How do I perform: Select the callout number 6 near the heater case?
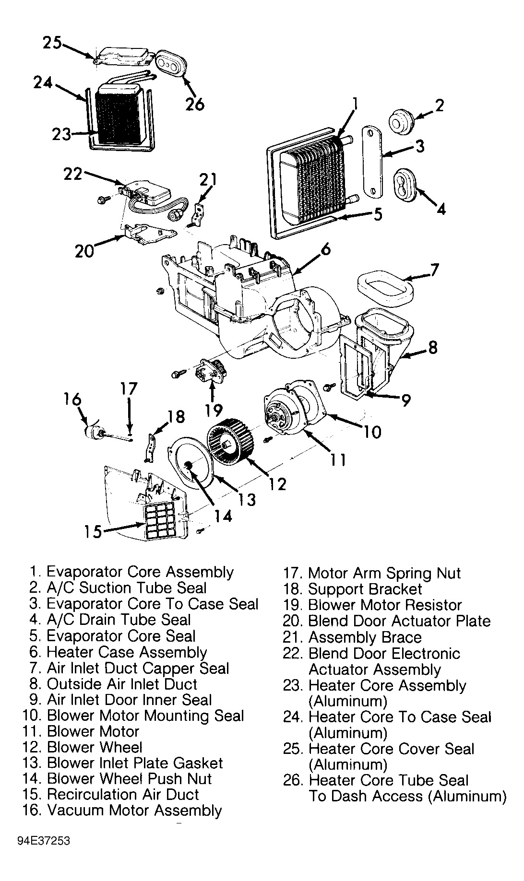(x=325, y=250)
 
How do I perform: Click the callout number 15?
(x=93, y=531)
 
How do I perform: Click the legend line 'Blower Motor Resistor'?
(x=372, y=605)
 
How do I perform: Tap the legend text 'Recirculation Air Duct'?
(x=111, y=795)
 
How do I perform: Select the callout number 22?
(x=73, y=174)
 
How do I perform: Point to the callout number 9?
(x=405, y=400)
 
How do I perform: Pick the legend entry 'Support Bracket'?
(x=353, y=589)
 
